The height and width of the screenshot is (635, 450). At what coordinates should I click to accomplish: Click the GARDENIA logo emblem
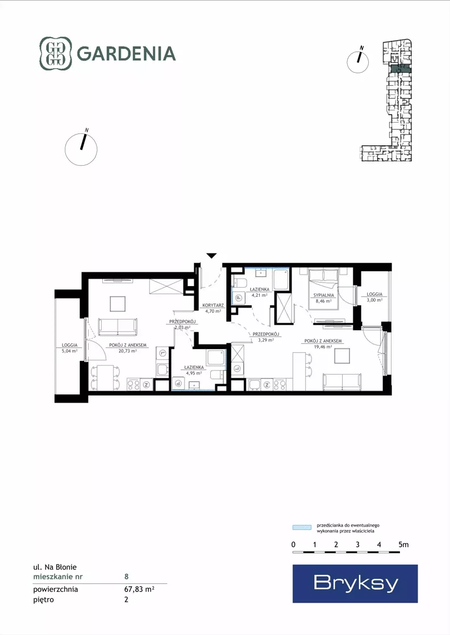click(55, 53)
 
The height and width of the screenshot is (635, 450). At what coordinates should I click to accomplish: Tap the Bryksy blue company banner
click(355, 583)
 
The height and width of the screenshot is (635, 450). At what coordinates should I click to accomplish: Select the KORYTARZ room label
click(213, 305)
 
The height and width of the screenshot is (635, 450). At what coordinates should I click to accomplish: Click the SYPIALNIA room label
click(323, 295)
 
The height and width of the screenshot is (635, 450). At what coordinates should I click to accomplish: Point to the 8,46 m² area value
click(323, 301)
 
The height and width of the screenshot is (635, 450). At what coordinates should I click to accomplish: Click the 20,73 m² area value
click(128, 351)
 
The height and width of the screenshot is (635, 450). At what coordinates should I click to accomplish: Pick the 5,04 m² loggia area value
click(69, 351)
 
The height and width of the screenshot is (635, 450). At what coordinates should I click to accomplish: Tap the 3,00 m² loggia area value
click(374, 300)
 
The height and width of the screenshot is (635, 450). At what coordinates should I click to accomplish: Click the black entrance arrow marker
click(211, 255)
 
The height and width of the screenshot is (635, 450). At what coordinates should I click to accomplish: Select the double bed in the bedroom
click(323, 288)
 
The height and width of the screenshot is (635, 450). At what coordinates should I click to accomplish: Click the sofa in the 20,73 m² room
click(118, 327)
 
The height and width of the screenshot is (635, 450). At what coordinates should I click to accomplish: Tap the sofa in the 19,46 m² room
click(341, 381)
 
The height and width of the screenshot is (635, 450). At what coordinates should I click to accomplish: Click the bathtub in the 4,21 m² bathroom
click(281, 279)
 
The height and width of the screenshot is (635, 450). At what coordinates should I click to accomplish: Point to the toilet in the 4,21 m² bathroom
click(239, 283)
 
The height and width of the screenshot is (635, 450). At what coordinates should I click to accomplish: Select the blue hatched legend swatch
click(302, 528)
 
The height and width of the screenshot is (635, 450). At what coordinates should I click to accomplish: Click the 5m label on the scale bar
click(403, 545)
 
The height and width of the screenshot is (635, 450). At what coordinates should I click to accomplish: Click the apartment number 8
click(127, 577)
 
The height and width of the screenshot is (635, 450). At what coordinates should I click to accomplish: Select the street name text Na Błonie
click(61, 567)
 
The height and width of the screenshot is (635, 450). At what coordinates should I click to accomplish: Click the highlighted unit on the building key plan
click(401, 69)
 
